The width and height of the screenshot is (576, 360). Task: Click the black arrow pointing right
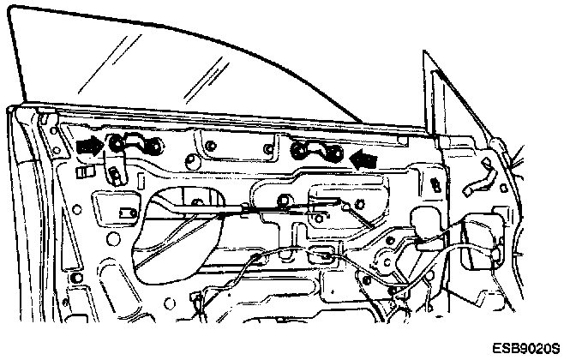tap(87, 147)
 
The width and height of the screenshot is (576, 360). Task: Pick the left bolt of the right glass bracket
tap(299, 153)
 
